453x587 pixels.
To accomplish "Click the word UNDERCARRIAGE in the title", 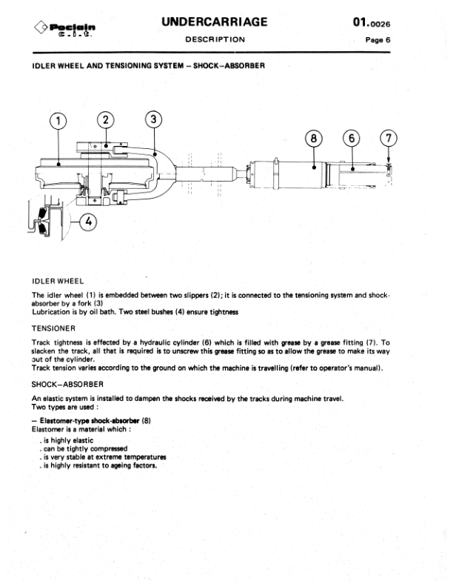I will (x=214, y=22).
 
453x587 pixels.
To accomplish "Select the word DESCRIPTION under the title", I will (x=215, y=39).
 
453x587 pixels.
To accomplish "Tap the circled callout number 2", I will (x=106, y=119).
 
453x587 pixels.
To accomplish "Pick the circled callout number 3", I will (x=152, y=119).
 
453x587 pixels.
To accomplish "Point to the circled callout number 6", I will (x=352, y=138).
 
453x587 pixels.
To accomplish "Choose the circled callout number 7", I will (x=389, y=138).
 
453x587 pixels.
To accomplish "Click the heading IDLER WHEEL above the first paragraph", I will (x=58, y=282).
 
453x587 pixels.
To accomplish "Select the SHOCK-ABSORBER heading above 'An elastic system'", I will (x=67, y=385).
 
